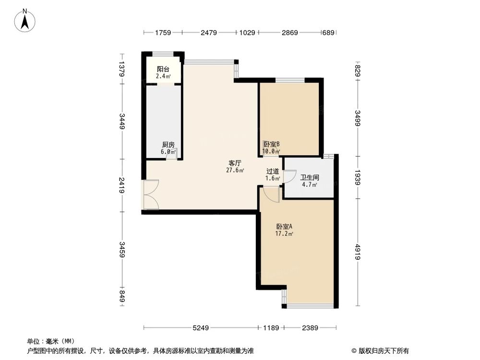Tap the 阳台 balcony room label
click(x=163, y=69)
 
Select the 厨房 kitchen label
click(x=168, y=144)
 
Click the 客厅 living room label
click(x=235, y=163)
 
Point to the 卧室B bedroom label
click(x=271, y=144)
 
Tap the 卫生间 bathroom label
click(x=310, y=177)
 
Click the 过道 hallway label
click(x=273, y=171)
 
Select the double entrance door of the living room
click(x=151, y=195)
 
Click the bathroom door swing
click(x=290, y=176)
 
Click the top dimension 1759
click(x=163, y=33)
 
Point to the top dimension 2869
click(x=289, y=33)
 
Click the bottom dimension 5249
click(x=201, y=328)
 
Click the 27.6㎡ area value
click(x=235, y=170)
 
